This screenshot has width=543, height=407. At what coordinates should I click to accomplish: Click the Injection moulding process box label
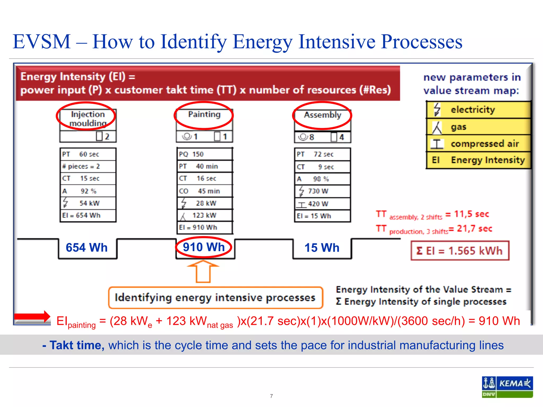click(88, 118)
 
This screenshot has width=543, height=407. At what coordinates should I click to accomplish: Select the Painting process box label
click(204, 114)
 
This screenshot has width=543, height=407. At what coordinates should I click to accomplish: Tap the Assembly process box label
click(322, 115)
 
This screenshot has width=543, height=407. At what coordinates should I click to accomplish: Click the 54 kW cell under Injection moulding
click(88, 203)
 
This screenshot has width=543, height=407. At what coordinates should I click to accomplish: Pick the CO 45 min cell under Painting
click(205, 191)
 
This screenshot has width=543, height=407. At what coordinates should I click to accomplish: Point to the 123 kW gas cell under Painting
click(205, 215)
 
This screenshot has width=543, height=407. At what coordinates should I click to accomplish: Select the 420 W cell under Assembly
click(322, 204)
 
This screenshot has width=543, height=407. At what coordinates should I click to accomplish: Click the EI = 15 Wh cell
click(322, 216)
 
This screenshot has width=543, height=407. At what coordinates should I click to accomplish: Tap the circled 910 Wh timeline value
click(204, 247)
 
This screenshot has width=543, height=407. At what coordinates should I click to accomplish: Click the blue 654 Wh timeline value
click(87, 248)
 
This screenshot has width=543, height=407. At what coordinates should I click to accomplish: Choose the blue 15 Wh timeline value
click(322, 248)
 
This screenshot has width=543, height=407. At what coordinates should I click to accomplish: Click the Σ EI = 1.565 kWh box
click(460, 251)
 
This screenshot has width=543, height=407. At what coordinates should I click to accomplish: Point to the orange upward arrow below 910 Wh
click(203, 271)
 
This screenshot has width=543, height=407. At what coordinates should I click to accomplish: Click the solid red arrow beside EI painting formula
click(32, 317)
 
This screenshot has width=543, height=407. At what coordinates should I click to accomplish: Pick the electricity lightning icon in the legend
click(437, 109)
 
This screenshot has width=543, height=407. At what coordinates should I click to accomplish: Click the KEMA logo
click(507, 387)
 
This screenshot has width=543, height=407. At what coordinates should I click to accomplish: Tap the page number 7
click(271, 396)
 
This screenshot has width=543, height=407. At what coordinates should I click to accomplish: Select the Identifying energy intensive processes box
click(216, 298)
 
